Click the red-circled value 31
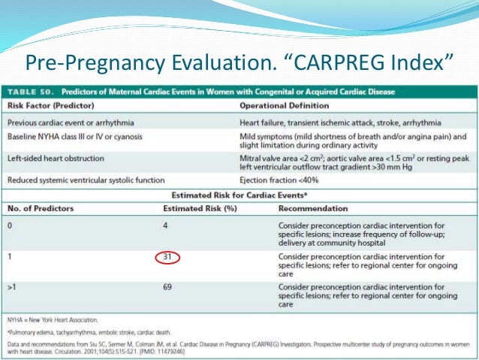click(x=167, y=257)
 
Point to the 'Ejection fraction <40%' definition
click(x=278, y=181)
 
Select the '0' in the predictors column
click(x=10, y=225)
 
